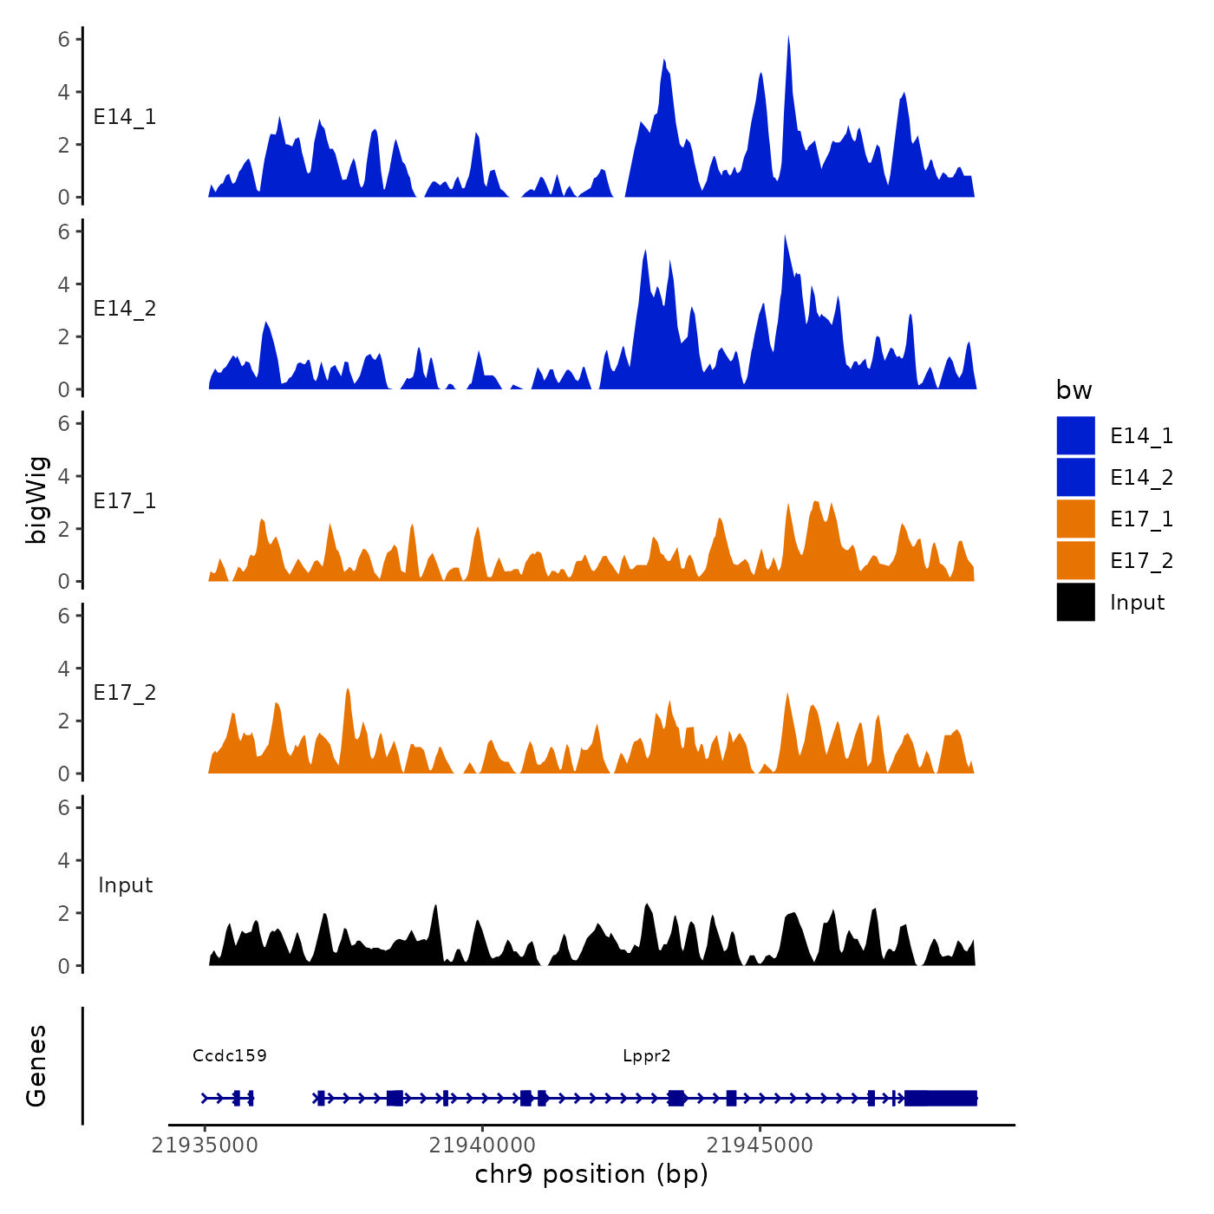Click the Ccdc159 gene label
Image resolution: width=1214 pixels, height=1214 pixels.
pyautogui.click(x=230, y=1055)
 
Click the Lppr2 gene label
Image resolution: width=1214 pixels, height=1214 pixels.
pyautogui.click(x=646, y=1055)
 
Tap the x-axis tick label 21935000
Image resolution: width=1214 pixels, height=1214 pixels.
pyautogui.click(x=205, y=1145)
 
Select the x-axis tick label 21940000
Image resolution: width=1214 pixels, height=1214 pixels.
pyautogui.click(x=482, y=1145)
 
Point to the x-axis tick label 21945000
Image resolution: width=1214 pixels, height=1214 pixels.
pyautogui.click(x=760, y=1145)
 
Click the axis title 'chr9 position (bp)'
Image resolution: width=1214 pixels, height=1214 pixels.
pyautogui.click(x=591, y=1174)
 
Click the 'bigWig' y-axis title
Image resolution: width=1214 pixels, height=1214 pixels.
pyautogui.click(x=36, y=500)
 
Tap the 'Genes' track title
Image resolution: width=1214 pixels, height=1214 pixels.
pyautogui.click(x=36, y=1066)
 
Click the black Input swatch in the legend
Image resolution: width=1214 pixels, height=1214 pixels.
pyautogui.click(x=1075, y=602)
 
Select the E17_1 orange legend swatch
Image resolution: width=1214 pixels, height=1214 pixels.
pyautogui.click(x=1075, y=519)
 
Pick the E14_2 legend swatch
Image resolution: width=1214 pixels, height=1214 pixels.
pyautogui.click(x=1075, y=477)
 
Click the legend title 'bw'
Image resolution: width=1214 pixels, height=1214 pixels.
pyautogui.click(x=1074, y=390)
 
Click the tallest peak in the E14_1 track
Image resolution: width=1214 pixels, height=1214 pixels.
pyautogui.click(x=788, y=40)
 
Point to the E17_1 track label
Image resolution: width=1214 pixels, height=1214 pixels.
pyautogui.click(x=125, y=501)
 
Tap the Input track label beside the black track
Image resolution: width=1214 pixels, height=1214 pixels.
pyautogui.click(x=125, y=885)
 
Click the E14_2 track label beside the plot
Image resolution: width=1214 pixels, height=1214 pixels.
pyautogui.click(x=125, y=309)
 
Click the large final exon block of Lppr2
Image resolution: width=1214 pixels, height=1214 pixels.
pyautogui.click(x=941, y=1098)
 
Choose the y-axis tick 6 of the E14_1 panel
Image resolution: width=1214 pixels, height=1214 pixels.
pyautogui.click(x=63, y=39)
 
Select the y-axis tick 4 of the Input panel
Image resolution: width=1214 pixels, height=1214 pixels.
pyautogui.click(x=63, y=860)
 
